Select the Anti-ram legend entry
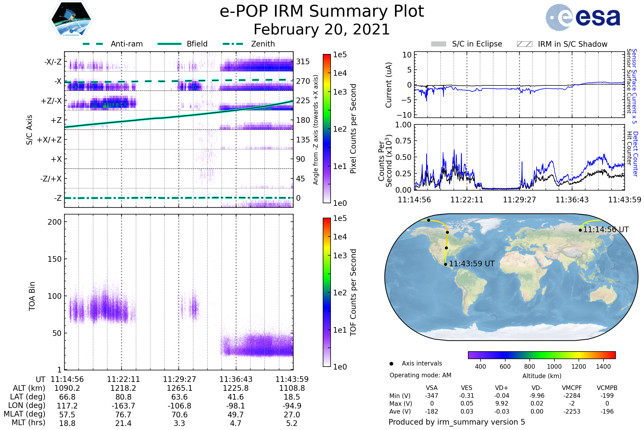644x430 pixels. tap(113, 44)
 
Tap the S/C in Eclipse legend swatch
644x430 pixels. tap(438, 44)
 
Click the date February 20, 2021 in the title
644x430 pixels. tap(322, 30)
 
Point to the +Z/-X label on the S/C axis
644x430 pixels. tap(51, 101)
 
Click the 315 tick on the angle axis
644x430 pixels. tap(303, 62)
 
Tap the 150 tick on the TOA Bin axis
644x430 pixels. tap(54, 259)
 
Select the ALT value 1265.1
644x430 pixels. tap(179, 388)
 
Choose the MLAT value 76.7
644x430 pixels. tap(123, 415)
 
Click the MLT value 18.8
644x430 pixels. tap(67, 423)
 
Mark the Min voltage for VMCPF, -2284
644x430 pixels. tap(572, 396)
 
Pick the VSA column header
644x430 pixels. tap(431, 388)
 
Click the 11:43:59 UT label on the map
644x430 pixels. tap(471, 264)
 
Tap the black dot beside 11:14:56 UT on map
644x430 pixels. tap(580, 230)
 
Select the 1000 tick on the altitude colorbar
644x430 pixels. tap(554, 367)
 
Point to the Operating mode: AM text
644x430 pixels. tap(420, 375)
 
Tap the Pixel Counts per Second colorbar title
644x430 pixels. tap(353, 128)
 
